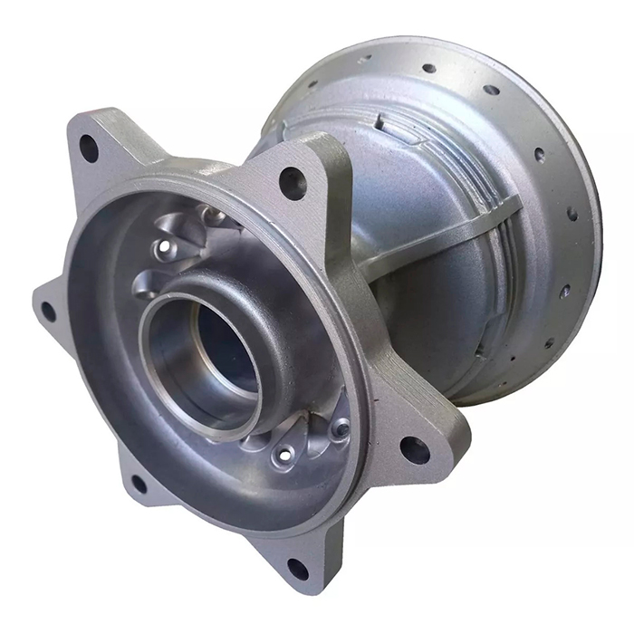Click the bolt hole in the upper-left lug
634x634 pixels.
coord(89,148)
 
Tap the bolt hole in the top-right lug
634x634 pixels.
coord(293,182)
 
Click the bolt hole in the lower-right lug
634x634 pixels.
coord(415,449)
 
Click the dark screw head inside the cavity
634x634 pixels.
coord(341,428)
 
